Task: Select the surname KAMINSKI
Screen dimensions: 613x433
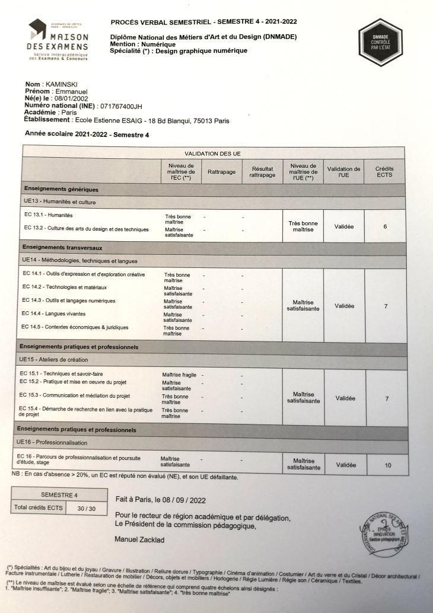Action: pos(62,84)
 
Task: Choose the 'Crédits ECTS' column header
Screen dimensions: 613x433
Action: pos(384,172)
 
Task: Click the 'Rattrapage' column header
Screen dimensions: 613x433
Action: pos(222,172)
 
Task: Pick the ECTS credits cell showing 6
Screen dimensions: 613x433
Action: pos(385,226)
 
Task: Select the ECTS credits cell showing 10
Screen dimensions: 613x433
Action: pos(388,465)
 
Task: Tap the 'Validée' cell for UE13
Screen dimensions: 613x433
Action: pos(344,226)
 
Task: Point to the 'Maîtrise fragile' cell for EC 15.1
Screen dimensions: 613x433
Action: pos(180,375)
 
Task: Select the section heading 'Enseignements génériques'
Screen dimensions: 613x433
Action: pos(61,189)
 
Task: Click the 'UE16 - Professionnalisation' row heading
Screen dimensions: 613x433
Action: pos(52,442)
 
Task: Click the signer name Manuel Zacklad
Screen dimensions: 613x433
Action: pos(140,539)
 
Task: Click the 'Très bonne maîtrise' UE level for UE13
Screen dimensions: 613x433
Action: pos(303,226)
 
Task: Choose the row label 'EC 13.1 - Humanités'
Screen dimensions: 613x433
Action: pos(49,215)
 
